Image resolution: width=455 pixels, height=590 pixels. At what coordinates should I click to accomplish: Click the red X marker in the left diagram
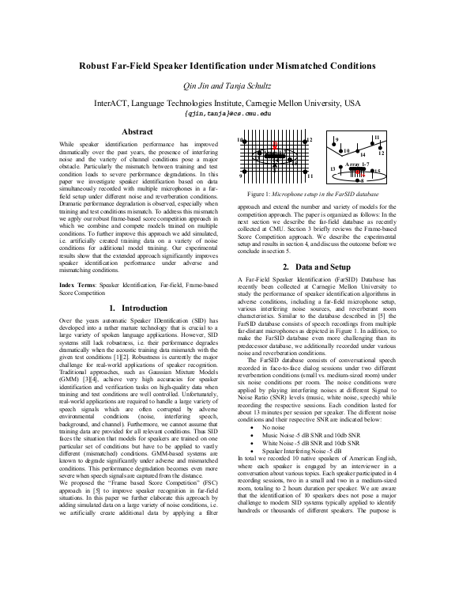point(275,147)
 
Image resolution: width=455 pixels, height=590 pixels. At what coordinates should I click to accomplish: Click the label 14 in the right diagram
point(363,153)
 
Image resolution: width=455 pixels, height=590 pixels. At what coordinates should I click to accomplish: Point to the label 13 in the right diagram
point(333,169)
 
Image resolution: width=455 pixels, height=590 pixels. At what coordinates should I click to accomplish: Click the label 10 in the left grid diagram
point(241,140)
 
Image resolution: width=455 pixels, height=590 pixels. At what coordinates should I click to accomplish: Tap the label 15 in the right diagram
point(377,172)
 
